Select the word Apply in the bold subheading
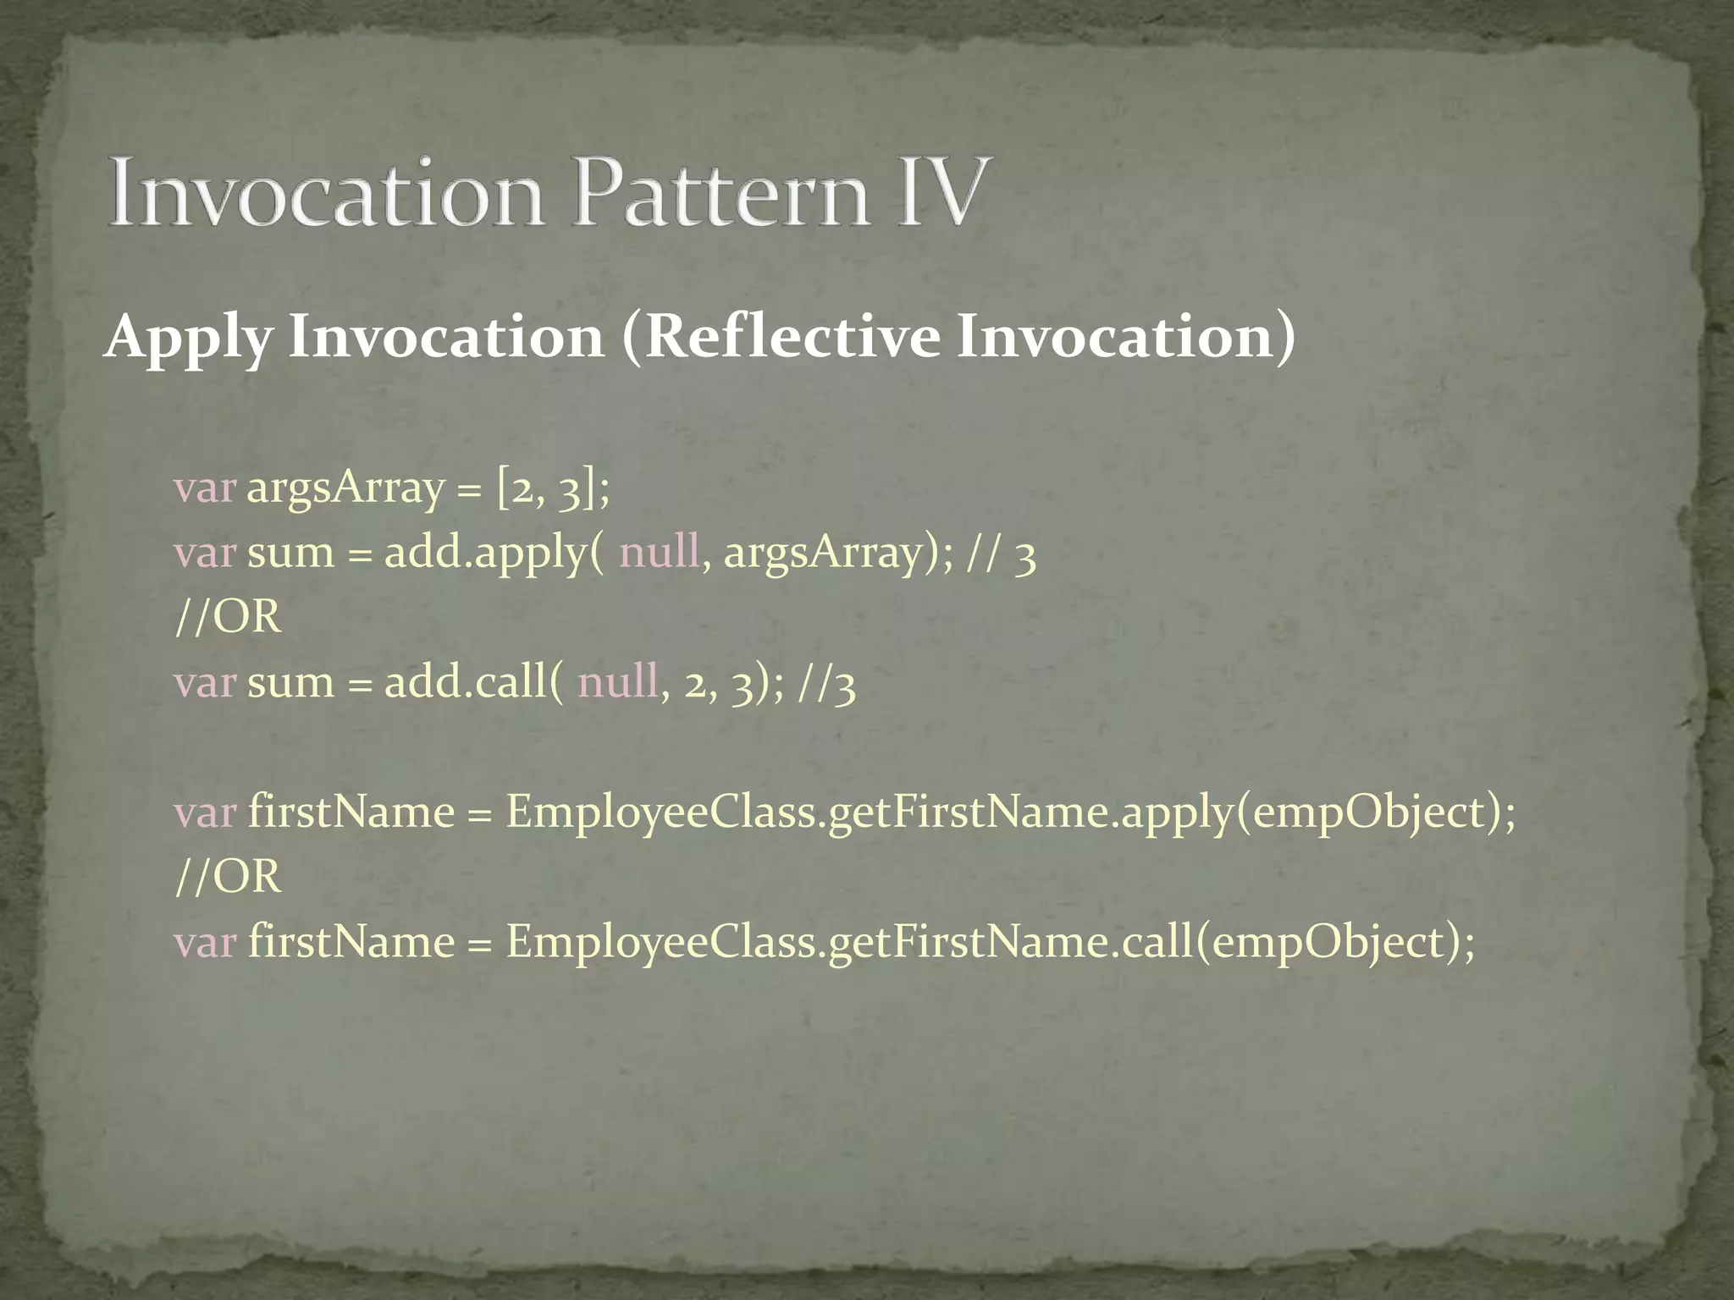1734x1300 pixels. coord(188,338)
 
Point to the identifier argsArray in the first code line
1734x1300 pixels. coord(345,488)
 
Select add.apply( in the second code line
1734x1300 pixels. coord(494,554)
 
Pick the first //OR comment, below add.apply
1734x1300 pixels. coord(227,617)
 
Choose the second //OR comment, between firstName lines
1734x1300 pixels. coord(227,877)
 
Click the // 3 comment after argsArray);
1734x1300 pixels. coord(1002,555)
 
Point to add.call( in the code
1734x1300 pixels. coord(473,682)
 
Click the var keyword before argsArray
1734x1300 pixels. coord(204,488)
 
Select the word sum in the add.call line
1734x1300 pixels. coord(290,682)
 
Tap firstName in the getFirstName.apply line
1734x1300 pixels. coord(351,812)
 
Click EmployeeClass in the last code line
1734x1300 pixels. coord(661,942)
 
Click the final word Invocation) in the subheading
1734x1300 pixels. coord(1125,336)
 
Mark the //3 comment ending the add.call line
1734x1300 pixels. coord(826,684)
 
